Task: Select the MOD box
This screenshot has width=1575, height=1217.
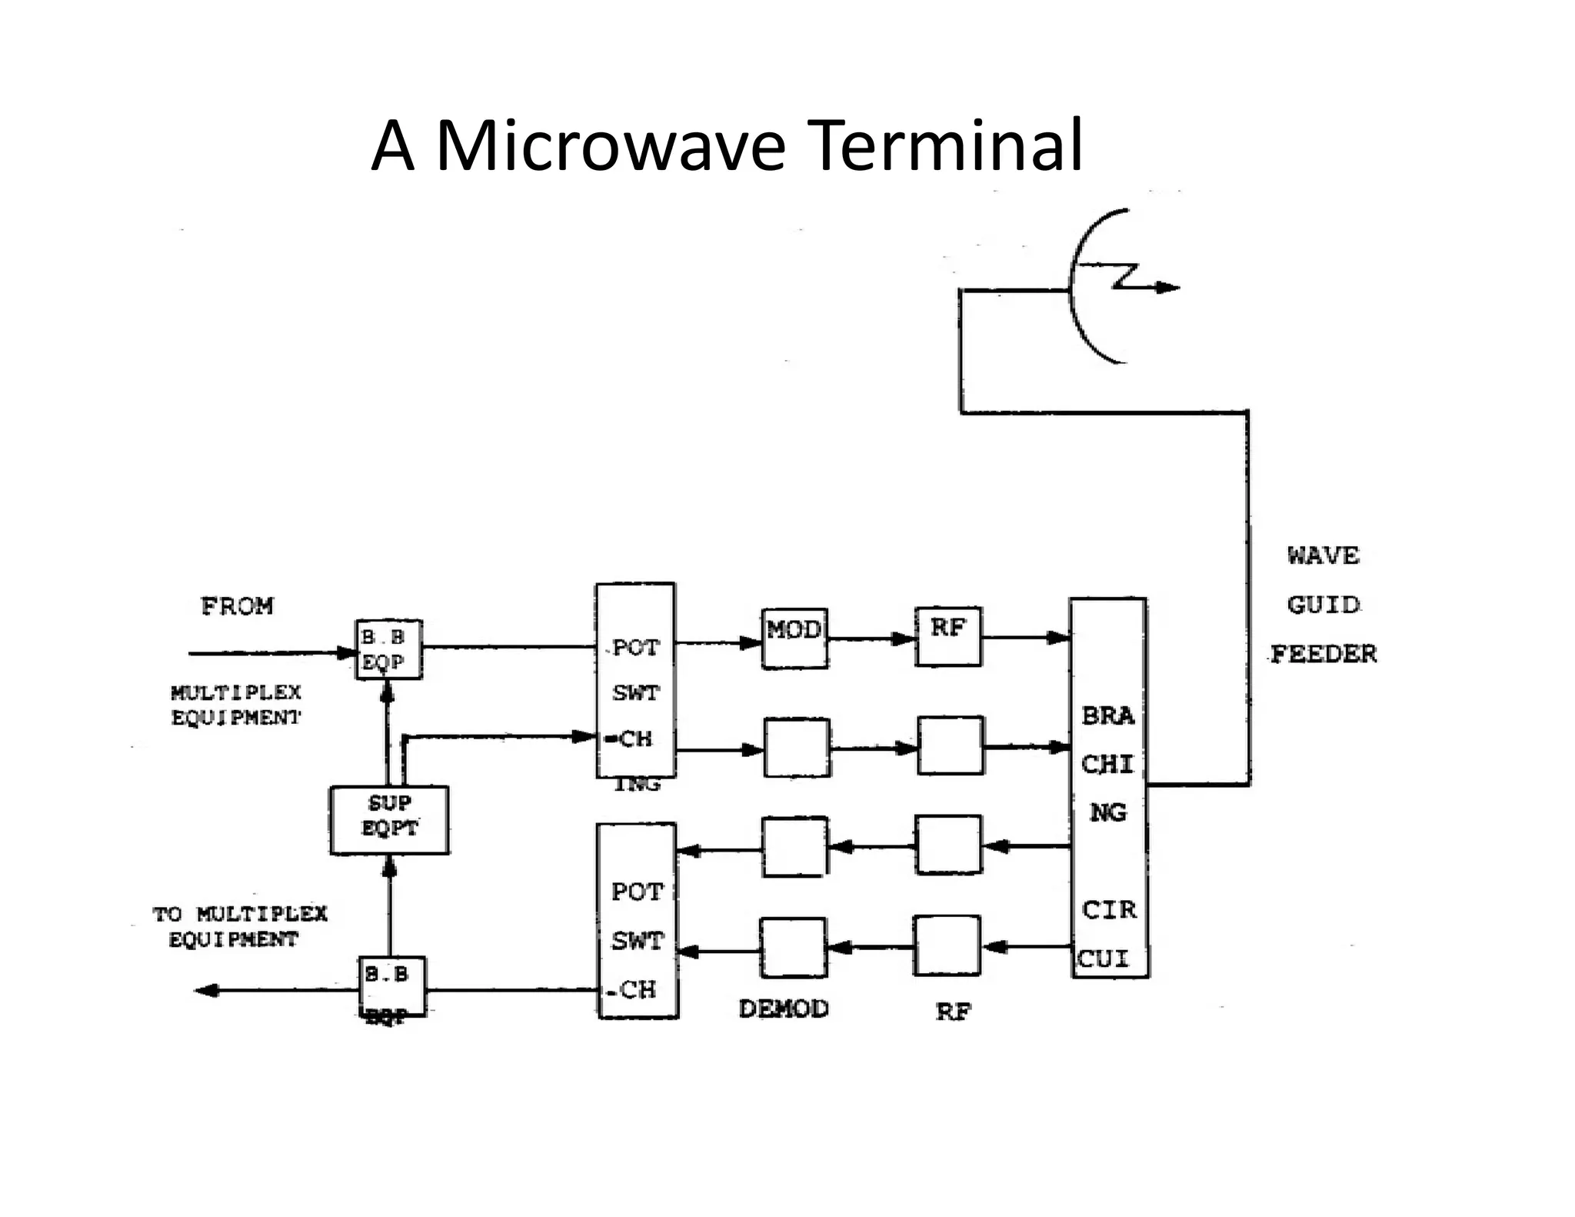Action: click(x=795, y=638)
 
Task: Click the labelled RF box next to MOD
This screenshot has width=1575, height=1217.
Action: click(x=947, y=636)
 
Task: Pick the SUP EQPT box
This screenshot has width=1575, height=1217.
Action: click(x=389, y=819)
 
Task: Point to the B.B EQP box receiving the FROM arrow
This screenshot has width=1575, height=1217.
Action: click(x=388, y=649)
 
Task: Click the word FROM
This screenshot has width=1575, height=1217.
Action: click(x=237, y=606)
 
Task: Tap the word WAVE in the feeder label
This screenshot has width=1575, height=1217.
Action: click(x=1323, y=555)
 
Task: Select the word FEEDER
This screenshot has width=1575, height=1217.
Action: click(x=1323, y=654)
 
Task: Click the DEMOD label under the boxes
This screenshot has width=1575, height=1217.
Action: click(x=784, y=1009)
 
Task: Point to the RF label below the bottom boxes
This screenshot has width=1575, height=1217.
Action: click(x=953, y=1012)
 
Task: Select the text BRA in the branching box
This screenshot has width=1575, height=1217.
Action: click(x=1107, y=716)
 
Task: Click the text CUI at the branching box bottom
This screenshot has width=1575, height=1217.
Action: click(x=1103, y=959)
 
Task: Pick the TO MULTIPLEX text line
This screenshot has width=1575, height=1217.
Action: click(x=240, y=914)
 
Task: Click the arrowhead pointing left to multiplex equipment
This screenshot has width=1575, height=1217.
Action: click(x=206, y=990)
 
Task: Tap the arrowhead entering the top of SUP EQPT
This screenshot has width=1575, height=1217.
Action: click(x=389, y=869)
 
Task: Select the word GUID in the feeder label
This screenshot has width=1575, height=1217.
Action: click(x=1323, y=605)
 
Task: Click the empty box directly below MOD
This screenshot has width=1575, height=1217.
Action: click(x=797, y=747)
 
